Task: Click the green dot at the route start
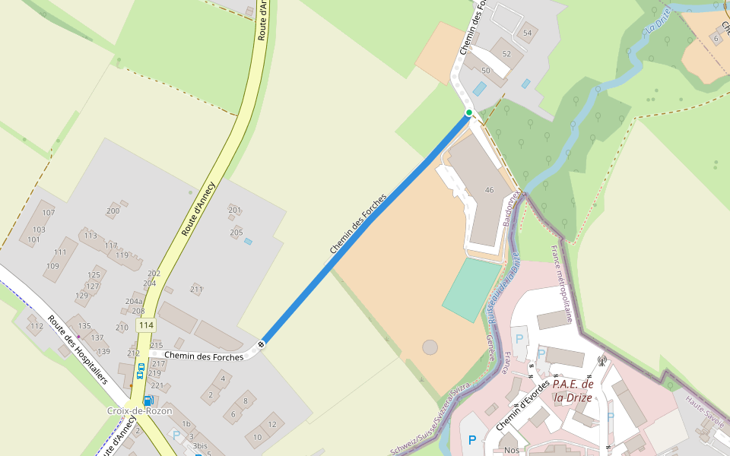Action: [x=469, y=113]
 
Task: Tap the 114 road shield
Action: [x=146, y=325]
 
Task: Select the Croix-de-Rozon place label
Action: [x=139, y=411]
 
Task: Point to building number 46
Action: [x=489, y=190]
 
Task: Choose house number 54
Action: [x=528, y=33]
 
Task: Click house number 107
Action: [x=49, y=213]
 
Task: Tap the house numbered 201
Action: [x=234, y=210]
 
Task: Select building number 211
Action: [x=196, y=289]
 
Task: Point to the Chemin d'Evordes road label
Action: [x=523, y=407]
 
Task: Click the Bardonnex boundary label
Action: [x=509, y=210]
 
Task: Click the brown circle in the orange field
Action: [x=430, y=347]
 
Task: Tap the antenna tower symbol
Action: [x=601, y=359]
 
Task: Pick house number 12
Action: [x=272, y=423]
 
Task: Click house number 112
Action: [x=36, y=327]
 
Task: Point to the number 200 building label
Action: [x=113, y=211]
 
